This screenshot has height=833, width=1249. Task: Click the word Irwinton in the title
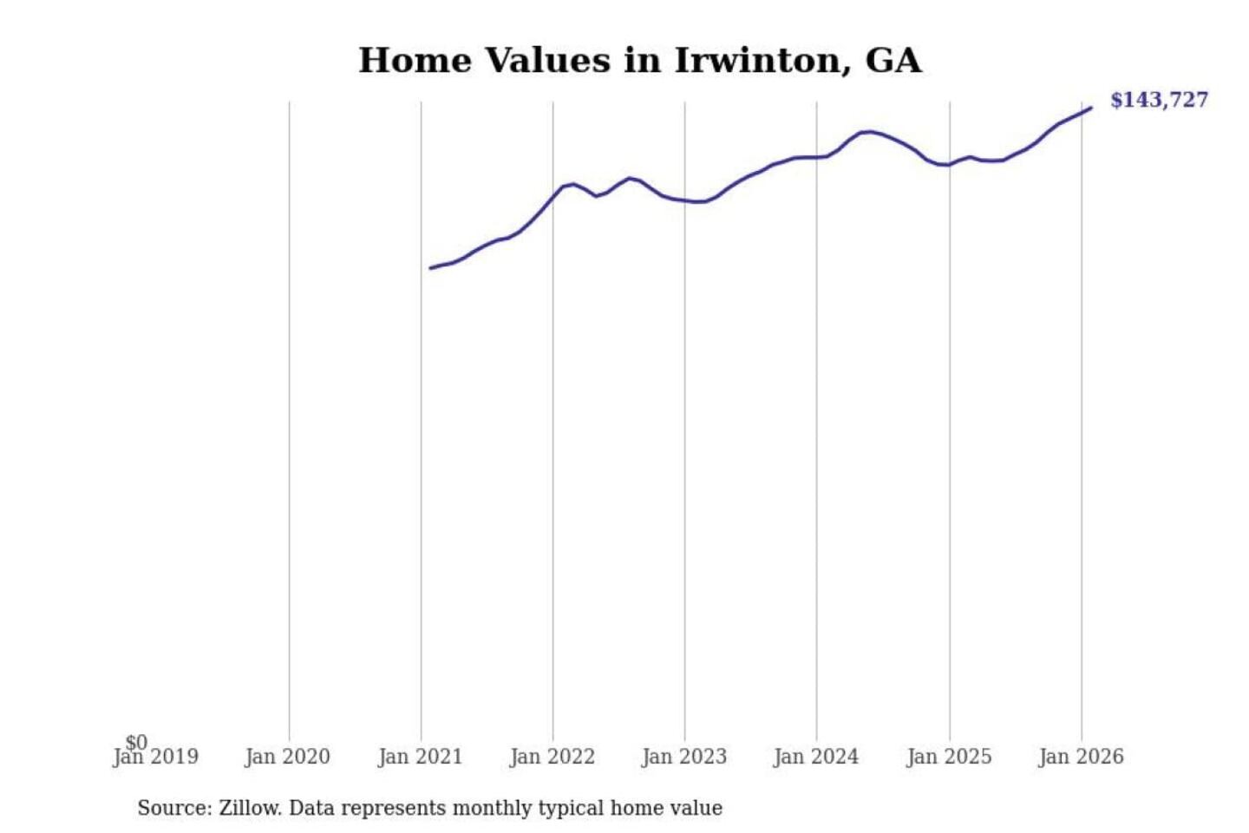tap(757, 61)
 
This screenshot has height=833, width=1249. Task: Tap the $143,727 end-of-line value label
tap(1159, 100)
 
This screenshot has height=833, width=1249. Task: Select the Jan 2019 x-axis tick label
tap(156, 758)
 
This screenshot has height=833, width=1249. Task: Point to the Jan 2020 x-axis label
tap(287, 758)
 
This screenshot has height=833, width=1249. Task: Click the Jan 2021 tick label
tap(421, 758)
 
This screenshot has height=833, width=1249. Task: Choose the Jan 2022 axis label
tap(553, 758)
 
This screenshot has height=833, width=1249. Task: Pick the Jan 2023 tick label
tap(684, 758)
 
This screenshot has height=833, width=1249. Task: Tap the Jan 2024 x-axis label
tap(816, 758)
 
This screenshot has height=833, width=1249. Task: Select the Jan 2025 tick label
tap(949, 758)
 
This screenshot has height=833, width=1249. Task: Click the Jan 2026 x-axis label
tap(1081, 758)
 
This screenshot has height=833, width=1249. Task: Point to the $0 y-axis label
tap(137, 742)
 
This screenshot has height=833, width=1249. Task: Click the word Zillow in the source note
tap(250, 809)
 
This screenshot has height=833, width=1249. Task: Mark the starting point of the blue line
tap(431, 268)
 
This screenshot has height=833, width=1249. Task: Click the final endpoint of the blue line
tap(1090, 108)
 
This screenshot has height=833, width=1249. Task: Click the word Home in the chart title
tap(415, 61)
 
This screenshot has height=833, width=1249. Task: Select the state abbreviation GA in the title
tap(893, 61)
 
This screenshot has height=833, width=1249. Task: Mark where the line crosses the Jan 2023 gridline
tap(684, 200)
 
